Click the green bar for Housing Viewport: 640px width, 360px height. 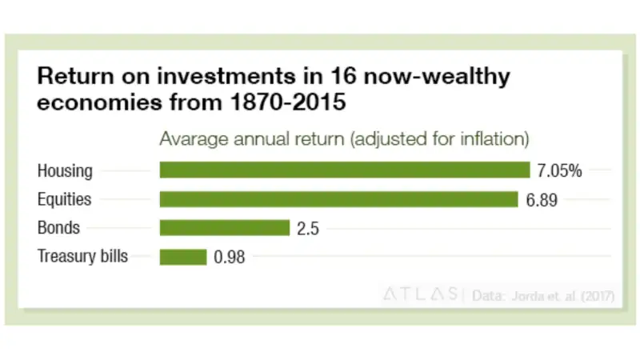pyautogui.click(x=345, y=170)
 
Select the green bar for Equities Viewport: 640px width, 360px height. pyautogui.click(x=338, y=198)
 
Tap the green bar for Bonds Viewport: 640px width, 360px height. pyautogui.click(x=224, y=227)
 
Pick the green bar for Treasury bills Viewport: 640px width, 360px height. pyautogui.click(x=183, y=257)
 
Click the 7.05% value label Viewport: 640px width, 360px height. pyautogui.click(x=559, y=170)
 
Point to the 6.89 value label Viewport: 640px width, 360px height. pyautogui.click(x=542, y=198)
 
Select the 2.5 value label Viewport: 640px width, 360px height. pyautogui.click(x=308, y=228)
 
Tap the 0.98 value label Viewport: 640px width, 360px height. pyautogui.click(x=228, y=257)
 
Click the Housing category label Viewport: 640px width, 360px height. pyautogui.click(x=65, y=170)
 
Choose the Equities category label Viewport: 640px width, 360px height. pyautogui.click(x=65, y=199)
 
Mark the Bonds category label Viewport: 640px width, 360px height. pyautogui.click(x=59, y=228)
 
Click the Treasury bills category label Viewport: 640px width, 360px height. pyautogui.click(x=82, y=257)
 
